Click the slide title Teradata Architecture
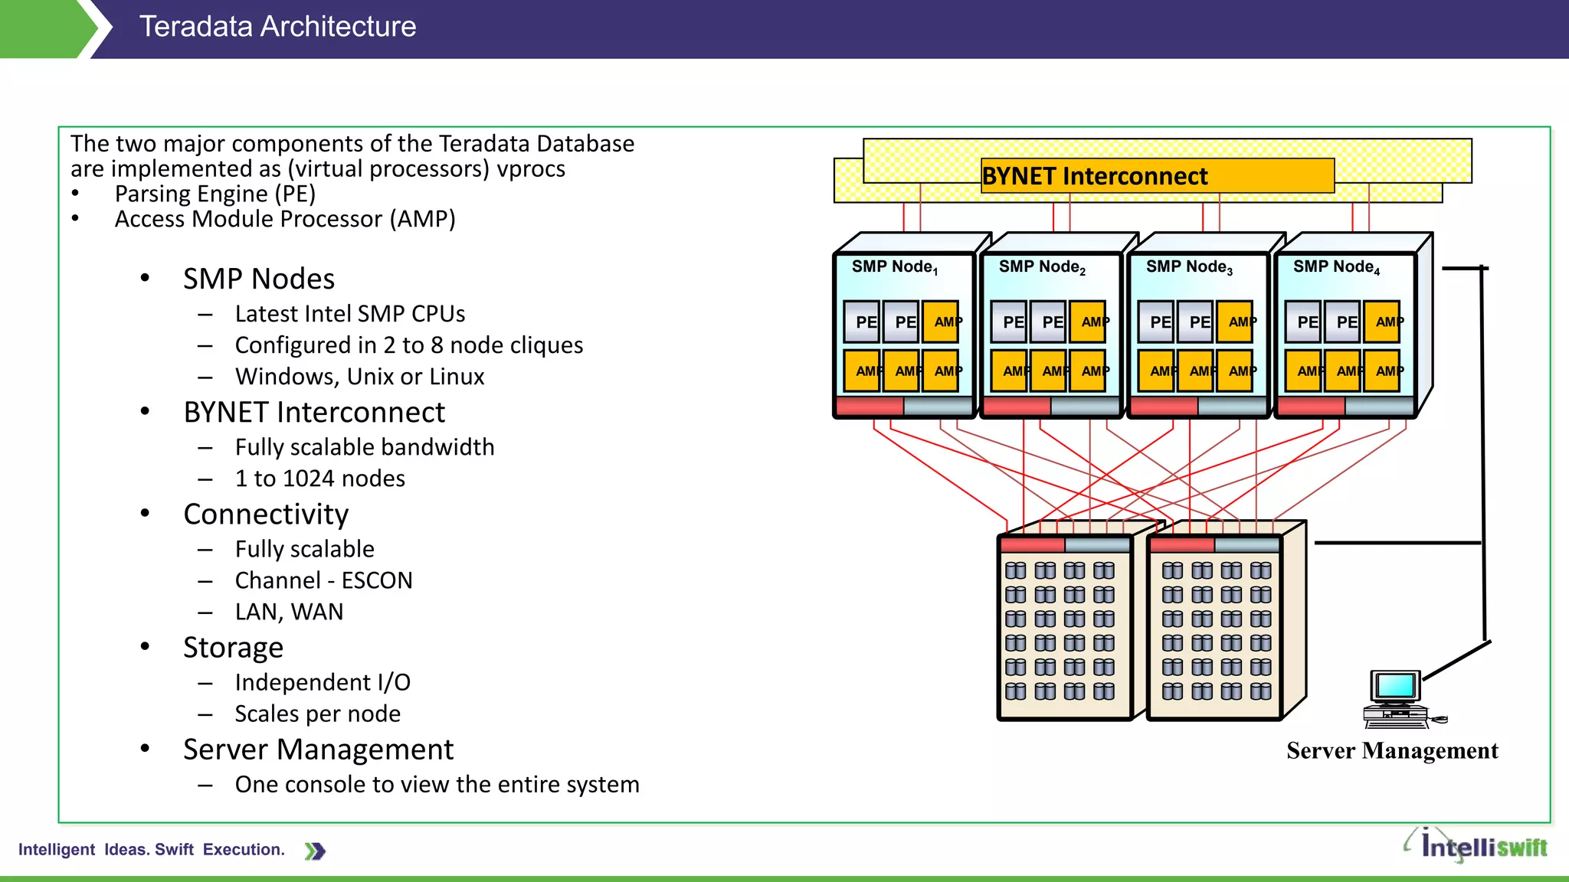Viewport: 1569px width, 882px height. click(x=277, y=28)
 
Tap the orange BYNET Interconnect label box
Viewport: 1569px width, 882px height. click(x=1157, y=176)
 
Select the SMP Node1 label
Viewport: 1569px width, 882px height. click(x=894, y=267)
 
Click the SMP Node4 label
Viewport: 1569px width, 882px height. click(x=1336, y=267)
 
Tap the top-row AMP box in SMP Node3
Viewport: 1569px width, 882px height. click(x=1236, y=322)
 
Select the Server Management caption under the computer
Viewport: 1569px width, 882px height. click(x=1392, y=751)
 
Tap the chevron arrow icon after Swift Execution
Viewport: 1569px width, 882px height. click(x=315, y=851)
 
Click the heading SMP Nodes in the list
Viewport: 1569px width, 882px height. click(x=259, y=279)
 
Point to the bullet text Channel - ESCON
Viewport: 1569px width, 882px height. click(x=323, y=580)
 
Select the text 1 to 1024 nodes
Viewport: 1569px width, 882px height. click(x=319, y=479)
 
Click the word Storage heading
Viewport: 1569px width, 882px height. click(x=233, y=648)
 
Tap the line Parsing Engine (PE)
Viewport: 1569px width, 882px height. click(x=215, y=194)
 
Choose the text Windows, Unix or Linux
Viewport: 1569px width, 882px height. click(x=359, y=377)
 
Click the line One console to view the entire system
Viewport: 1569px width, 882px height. click(x=437, y=785)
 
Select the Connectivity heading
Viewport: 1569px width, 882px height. click(x=266, y=514)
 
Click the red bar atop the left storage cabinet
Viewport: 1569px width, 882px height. click(x=1032, y=545)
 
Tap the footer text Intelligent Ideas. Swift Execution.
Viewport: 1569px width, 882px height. click(x=152, y=850)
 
